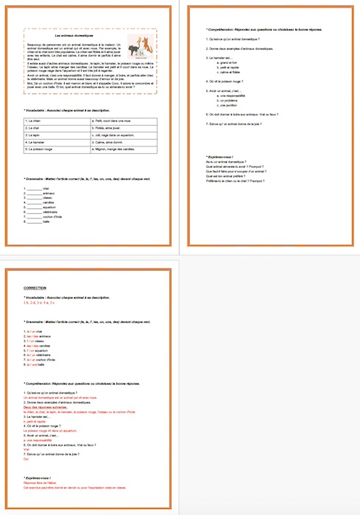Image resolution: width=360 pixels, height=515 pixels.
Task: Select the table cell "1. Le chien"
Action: point(50,120)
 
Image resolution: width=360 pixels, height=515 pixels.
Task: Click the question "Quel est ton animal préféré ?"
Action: point(229,176)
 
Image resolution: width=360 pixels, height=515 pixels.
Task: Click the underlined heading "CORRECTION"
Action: point(35,288)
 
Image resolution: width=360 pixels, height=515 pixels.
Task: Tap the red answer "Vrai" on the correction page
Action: point(27,449)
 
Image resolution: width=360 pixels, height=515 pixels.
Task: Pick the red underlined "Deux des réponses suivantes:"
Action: point(46,408)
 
